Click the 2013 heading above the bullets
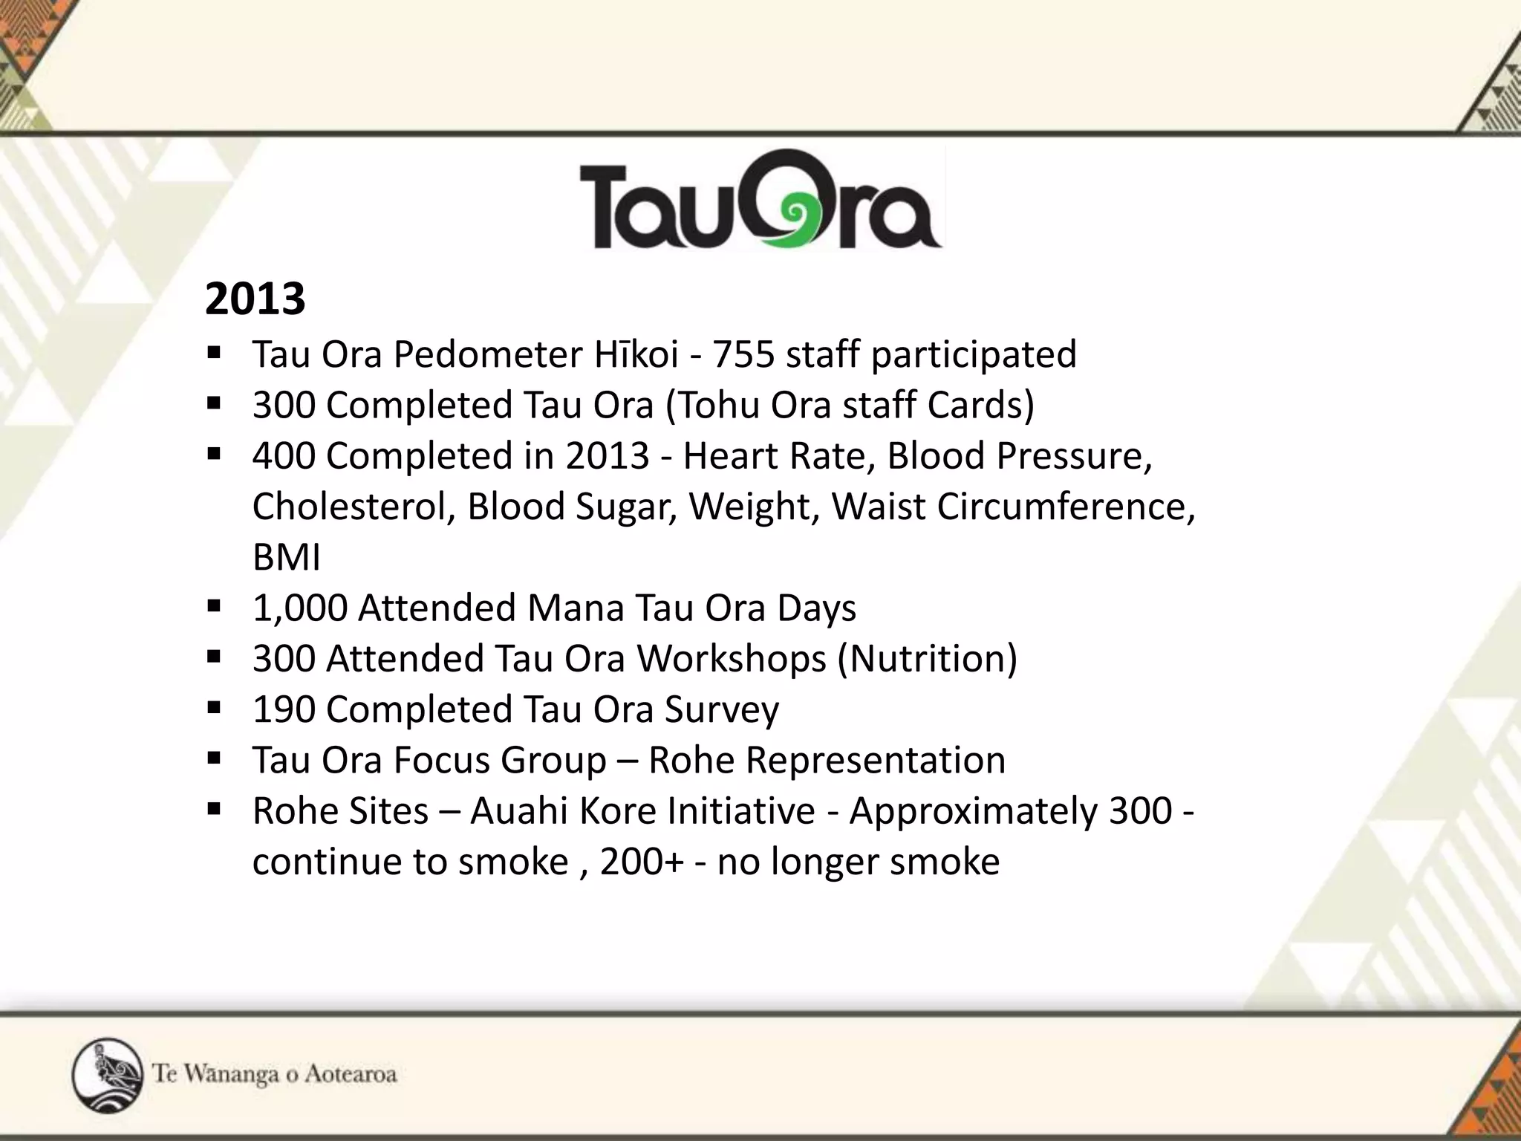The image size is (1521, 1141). (x=255, y=299)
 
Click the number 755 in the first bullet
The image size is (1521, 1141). (x=743, y=354)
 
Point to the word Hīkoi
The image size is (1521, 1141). (x=636, y=354)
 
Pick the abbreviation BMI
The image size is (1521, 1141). (x=287, y=558)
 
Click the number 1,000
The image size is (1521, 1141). (x=300, y=608)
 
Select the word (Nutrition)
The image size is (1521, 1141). (x=928, y=659)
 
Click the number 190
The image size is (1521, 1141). (x=283, y=710)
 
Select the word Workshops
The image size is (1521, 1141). (x=732, y=659)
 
